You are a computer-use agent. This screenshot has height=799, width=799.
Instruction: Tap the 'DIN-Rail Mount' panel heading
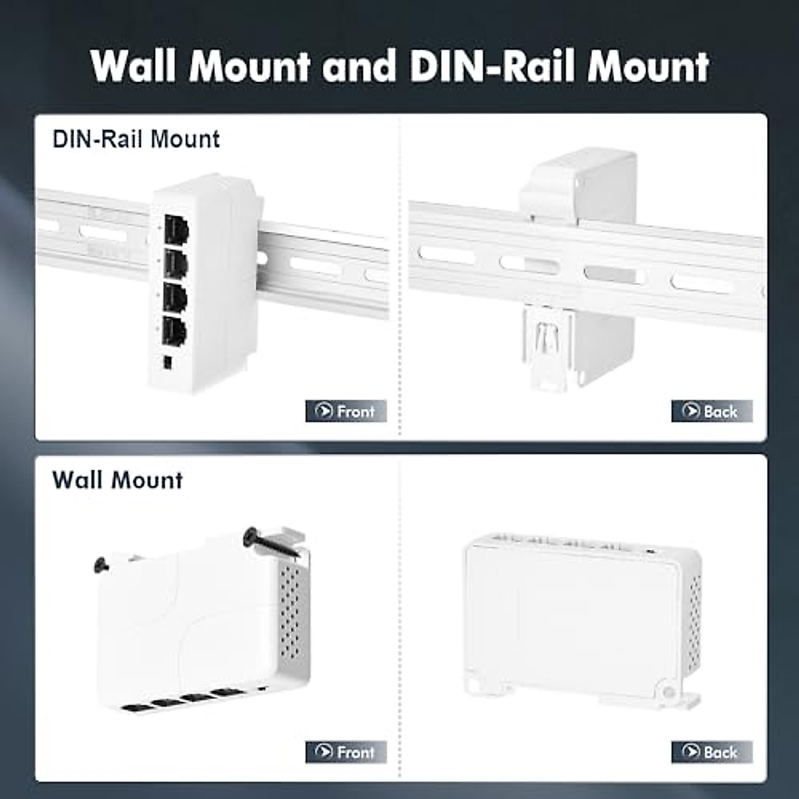(x=136, y=139)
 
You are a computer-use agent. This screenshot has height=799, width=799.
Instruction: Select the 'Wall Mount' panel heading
(x=117, y=480)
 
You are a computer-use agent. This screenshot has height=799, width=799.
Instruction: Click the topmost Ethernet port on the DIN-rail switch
(x=176, y=230)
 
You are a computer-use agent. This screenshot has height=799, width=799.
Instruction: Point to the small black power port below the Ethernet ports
(x=168, y=362)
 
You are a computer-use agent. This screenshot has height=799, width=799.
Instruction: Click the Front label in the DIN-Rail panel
(x=346, y=411)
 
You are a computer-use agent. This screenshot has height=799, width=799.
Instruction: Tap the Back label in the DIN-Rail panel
(x=712, y=411)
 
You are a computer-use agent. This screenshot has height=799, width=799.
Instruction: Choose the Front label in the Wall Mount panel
(x=346, y=752)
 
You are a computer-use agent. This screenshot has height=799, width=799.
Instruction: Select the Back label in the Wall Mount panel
(x=712, y=752)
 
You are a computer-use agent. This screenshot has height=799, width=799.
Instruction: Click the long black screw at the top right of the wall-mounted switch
(x=273, y=542)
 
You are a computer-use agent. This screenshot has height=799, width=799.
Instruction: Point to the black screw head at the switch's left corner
(x=101, y=565)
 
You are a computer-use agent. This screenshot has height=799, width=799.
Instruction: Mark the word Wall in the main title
(x=138, y=67)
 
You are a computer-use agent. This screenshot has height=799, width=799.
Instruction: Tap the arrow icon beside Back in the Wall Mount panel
(x=690, y=752)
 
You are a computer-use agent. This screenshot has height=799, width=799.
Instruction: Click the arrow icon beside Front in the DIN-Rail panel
(x=324, y=411)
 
